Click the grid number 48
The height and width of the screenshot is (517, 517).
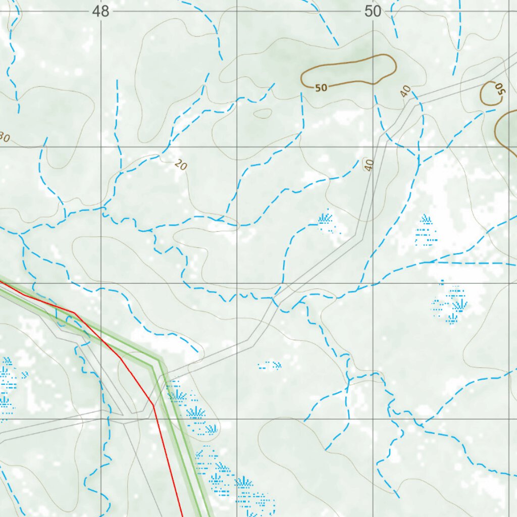[x=101, y=11]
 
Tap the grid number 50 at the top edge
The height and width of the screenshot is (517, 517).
[x=373, y=11]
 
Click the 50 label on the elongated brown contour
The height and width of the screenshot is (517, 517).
[x=321, y=88]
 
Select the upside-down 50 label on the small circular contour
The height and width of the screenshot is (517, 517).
[x=499, y=90]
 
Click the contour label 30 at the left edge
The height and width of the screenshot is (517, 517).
[x=4, y=137]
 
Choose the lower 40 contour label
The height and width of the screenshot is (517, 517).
[x=369, y=165]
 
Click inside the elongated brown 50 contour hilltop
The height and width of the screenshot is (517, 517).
[x=353, y=71]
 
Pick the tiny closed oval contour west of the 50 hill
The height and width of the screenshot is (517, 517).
[x=263, y=114]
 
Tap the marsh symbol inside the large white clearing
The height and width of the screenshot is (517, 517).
[x=426, y=230]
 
